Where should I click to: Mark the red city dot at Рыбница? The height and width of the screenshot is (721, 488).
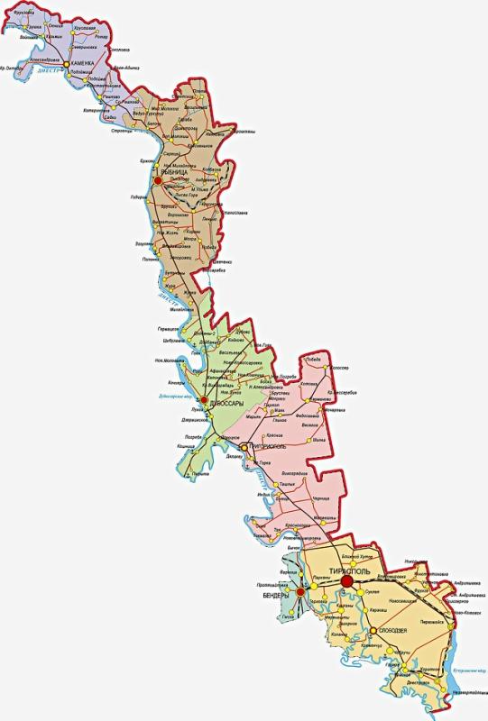coord(158,180)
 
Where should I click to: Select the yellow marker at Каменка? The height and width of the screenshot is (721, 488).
coord(66,64)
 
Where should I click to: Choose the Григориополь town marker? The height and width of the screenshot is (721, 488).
coord(244,445)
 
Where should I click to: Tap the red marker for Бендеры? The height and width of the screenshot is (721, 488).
coord(299,591)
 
